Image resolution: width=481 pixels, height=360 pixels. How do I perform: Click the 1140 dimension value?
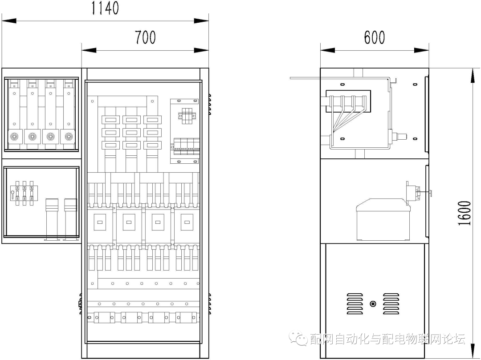click(x=105, y=8)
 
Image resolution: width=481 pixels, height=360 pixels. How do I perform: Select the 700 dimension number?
click(x=145, y=37)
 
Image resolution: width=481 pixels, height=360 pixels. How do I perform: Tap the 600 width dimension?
click(x=374, y=37)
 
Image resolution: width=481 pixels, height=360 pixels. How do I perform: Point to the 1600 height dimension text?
click(x=465, y=213)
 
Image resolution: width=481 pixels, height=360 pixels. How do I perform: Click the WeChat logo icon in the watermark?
click(x=299, y=338)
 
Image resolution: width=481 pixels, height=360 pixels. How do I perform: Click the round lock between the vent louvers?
click(x=373, y=303)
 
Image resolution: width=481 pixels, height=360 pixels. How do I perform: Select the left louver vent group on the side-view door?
click(x=355, y=303)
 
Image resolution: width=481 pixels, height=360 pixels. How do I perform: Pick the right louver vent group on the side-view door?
click(x=391, y=303)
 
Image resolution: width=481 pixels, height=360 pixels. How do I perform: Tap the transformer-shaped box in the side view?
click(x=383, y=219)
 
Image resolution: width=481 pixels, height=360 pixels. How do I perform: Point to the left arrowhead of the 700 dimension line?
click(x=89, y=50)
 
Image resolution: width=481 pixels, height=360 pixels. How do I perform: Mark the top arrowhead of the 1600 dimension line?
click(x=473, y=75)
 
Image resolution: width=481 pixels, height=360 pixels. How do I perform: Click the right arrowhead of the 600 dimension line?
click(x=421, y=50)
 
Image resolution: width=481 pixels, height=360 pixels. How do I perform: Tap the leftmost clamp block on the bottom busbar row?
click(x=104, y=317)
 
